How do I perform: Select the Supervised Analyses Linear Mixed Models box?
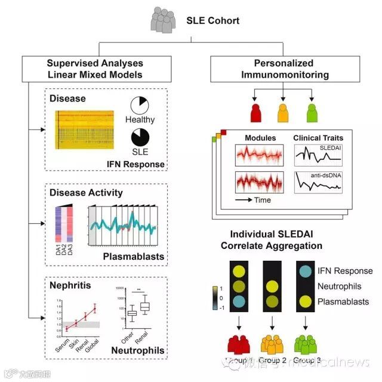95,70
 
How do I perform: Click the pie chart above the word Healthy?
140,106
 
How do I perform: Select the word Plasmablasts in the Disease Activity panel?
135,256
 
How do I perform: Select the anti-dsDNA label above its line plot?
317,175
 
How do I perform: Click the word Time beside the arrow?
263,200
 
